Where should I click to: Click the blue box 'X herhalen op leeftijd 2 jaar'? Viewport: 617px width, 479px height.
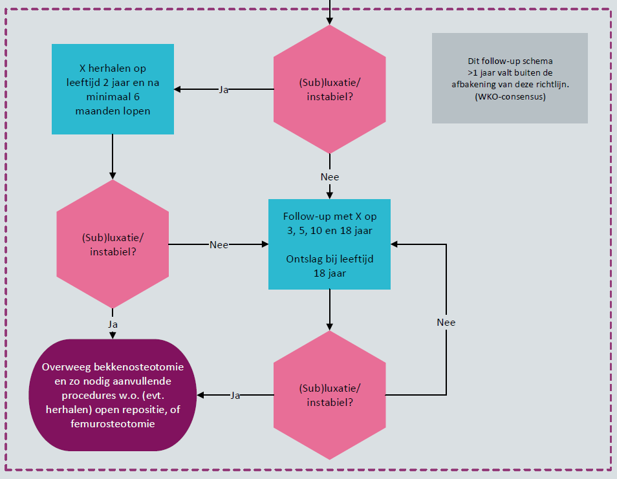113,89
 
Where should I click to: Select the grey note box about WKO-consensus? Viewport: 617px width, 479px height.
510,78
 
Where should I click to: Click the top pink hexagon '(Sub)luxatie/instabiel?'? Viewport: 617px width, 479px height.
330,89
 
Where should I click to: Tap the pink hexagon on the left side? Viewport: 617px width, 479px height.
113,244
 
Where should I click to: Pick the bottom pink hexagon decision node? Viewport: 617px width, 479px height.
330,395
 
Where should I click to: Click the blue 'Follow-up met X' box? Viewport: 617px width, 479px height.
330,244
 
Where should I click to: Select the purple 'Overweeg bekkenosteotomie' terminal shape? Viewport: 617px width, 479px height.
113,395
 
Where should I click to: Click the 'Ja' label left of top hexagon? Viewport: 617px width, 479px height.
224,90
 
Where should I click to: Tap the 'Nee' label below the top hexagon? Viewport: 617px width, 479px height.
330,176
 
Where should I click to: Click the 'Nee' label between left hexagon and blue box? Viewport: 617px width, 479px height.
219,245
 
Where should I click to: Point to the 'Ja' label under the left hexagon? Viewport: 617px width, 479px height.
113,323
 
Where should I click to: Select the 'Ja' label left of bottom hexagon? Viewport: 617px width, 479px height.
235,395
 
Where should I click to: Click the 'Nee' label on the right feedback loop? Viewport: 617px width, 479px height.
446,322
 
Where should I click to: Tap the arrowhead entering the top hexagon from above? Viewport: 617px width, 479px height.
330,20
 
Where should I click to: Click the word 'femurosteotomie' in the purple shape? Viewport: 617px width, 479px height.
113,424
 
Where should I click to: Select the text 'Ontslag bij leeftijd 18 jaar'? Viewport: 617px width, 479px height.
330,266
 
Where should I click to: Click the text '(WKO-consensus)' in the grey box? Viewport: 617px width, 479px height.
510,97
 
